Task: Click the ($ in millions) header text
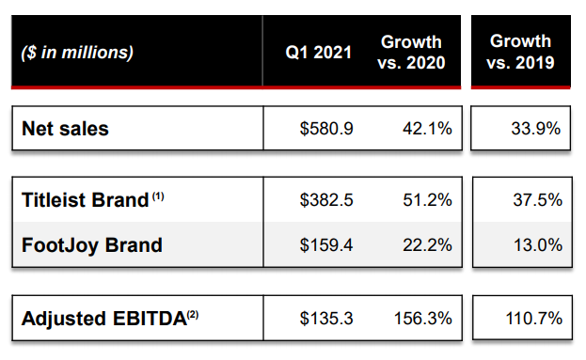77,53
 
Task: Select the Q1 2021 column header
319,53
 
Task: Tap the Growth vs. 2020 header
411,53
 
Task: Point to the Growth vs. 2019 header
520,52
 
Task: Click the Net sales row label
65,129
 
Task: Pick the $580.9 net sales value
326,129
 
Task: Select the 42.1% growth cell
427,129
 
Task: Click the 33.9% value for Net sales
535,129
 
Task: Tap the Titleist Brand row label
86,200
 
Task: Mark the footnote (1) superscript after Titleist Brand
158,196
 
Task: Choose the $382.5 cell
326,200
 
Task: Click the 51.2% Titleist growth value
427,200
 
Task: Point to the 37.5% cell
537,200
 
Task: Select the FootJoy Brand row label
92,245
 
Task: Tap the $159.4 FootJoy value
326,245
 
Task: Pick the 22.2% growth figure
427,245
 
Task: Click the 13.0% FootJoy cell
538,245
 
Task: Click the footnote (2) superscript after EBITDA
193,315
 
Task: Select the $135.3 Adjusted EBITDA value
326,319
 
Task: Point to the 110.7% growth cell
533,319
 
